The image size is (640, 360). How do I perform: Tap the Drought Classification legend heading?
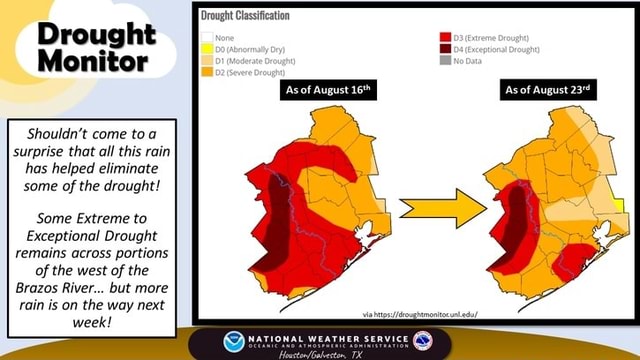(245, 16)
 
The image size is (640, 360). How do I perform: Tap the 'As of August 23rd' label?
(547, 90)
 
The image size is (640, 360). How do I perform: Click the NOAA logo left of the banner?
(233, 341)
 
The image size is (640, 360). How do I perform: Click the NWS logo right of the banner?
(421, 341)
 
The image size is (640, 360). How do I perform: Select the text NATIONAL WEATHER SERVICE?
(328, 338)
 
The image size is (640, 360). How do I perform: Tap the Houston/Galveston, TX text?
(328, 352)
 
